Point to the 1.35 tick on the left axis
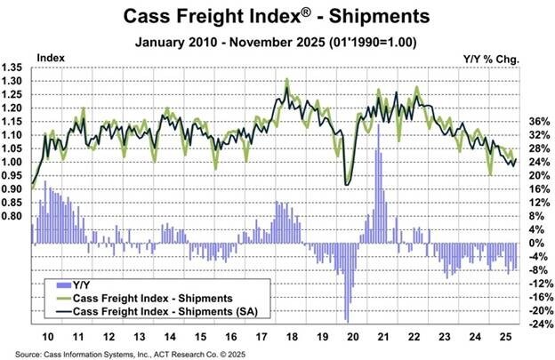[x=15, y=68]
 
